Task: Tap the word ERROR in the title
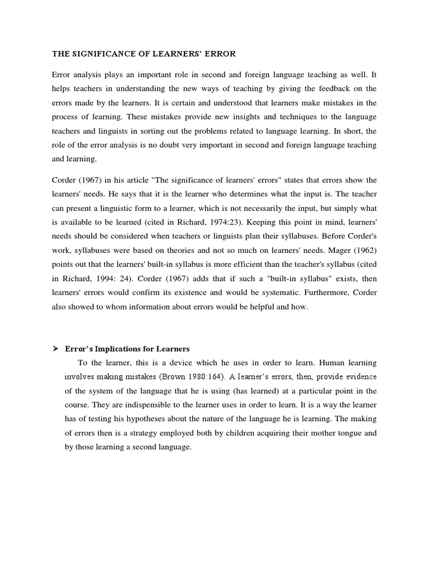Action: click(x=220, y=54)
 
